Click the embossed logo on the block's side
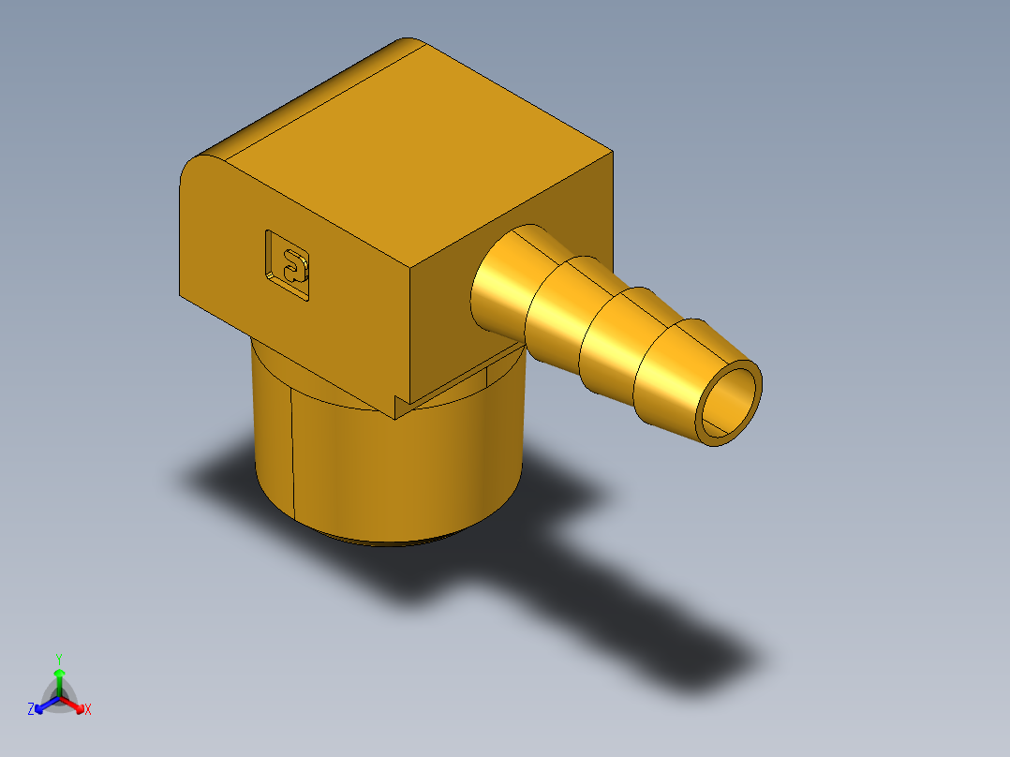(288, 265)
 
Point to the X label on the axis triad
(88, 710)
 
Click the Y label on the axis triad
(59, 659)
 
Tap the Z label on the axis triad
(31, 709)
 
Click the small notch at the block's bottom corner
(401, 406)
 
